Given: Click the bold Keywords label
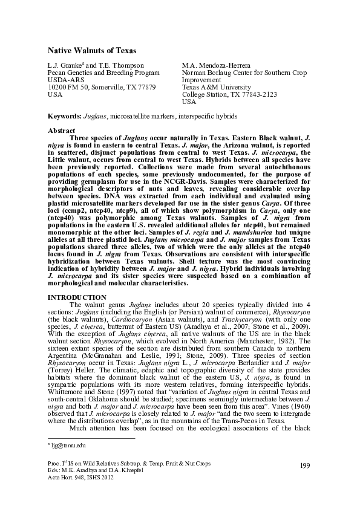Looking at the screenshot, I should click(x=64, y=115).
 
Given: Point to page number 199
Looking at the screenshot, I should click(x=304, y=481).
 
